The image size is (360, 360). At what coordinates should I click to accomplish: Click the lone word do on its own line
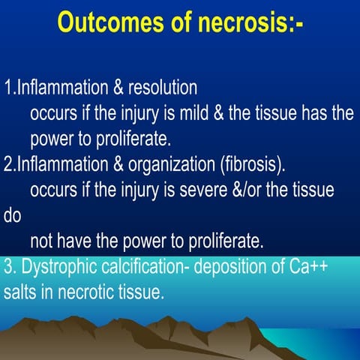coord(13,216)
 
